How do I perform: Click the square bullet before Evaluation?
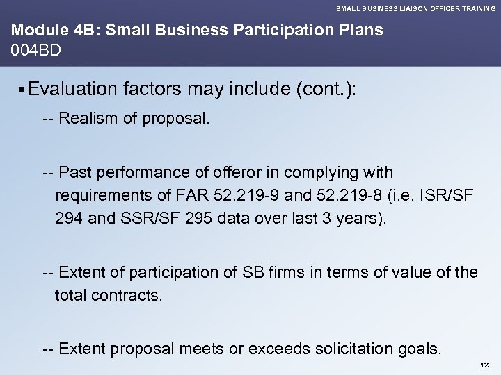click(x=23, y=90)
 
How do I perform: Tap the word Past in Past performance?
click(x=74, y=172)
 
